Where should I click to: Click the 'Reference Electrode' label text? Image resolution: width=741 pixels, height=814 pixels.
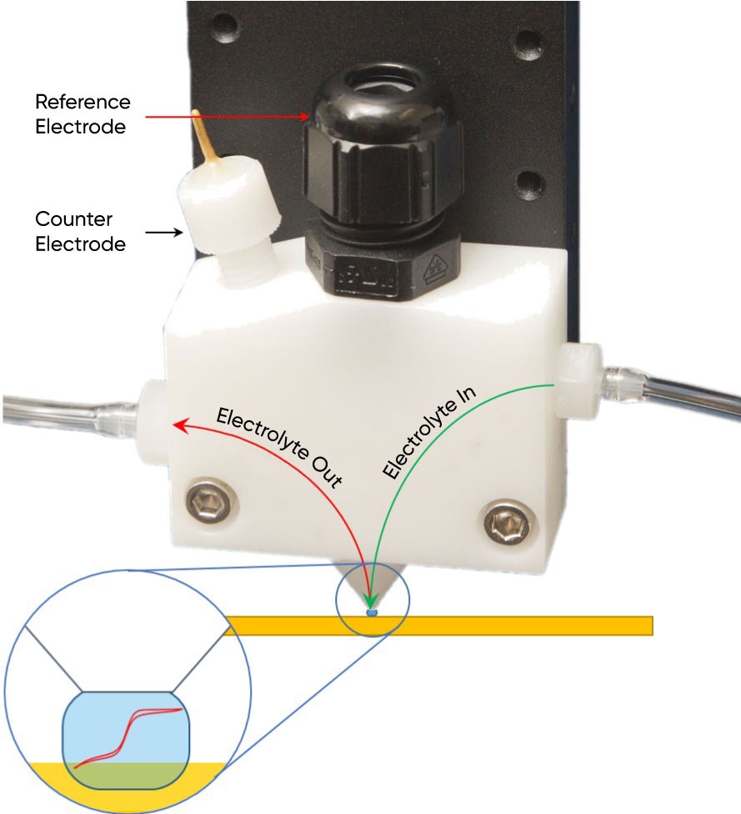click(x=83, y=114)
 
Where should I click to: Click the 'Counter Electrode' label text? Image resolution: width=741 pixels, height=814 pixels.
click(x=80, y=231)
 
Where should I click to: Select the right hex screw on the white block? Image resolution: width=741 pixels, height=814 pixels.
click(x=506, y=524)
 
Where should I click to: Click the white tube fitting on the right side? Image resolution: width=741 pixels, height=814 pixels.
click(x=577, y=379)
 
